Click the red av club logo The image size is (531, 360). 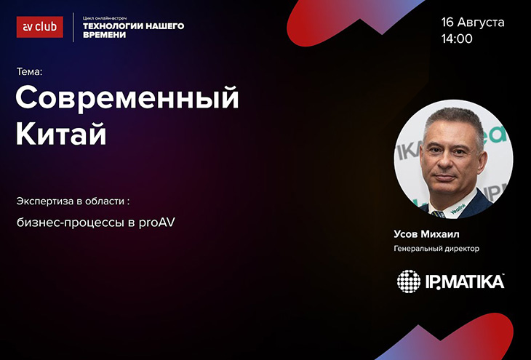click(39, 27)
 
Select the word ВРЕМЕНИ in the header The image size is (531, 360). click(104, 35)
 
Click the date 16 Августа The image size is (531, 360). click(473, 23)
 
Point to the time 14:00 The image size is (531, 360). click(457, 39)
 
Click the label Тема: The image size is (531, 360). click(30, 72)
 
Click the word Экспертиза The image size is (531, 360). click(45, 201)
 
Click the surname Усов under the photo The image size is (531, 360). click(406, 234)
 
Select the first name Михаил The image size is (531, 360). click(440, 234)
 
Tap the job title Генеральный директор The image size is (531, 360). click(436, 249)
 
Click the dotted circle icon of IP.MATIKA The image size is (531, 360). click(409, 281)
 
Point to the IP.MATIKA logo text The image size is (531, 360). click(465, 281)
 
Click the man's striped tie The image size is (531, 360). click(439, 214)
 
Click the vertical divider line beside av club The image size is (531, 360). click(73, 28)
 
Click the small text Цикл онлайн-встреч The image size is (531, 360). click(105, 18)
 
